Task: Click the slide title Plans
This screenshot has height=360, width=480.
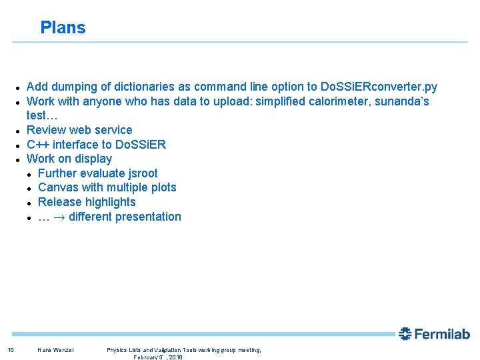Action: [x=63, y=27]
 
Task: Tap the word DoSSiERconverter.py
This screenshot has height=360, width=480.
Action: [x=379, y=87]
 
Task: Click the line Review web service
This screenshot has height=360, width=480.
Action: [x=79, y=130]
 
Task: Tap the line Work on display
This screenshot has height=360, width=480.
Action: [x=69, y=159]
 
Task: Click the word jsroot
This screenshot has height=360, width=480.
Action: [x=141, y=173]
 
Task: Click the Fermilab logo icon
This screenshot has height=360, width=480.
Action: [x=405, y=334]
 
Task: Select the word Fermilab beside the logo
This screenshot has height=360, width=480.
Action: [x=443, y=334]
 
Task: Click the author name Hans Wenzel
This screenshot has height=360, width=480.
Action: [x=56, y=350]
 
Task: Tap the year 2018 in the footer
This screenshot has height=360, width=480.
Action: [x=175, y=357]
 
